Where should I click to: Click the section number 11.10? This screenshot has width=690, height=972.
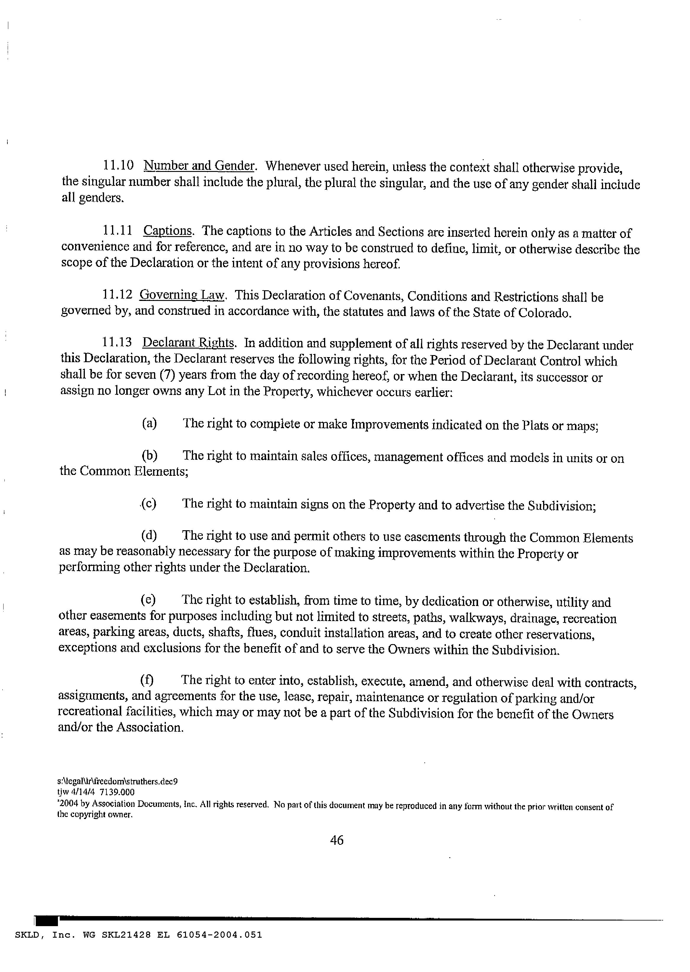tap(118, 165)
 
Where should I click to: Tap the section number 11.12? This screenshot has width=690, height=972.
tap(117, 295)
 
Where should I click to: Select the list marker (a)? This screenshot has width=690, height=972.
tap(149, 423)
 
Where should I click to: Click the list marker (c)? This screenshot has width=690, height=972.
tap(149, 504)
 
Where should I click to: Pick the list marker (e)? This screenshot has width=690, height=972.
tap(148, 600)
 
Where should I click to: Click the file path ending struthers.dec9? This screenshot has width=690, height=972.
tap(117, 781)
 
